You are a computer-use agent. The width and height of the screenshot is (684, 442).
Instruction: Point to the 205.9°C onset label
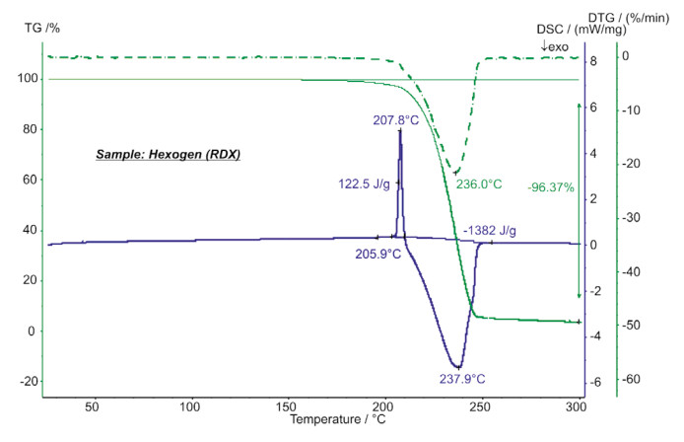point(377,254)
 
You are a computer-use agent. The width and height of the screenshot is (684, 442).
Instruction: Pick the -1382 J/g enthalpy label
point(490,231)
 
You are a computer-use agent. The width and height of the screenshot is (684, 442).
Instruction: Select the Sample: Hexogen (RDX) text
point(168,155)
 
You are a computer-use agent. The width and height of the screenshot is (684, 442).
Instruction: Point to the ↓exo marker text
point(554,45)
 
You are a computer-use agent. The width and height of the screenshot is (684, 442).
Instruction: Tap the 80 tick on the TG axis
point(29,130)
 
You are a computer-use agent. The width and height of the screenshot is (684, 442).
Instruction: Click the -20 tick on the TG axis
point(27,382)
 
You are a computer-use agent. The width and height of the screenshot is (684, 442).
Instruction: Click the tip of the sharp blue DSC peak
point(400,130)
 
